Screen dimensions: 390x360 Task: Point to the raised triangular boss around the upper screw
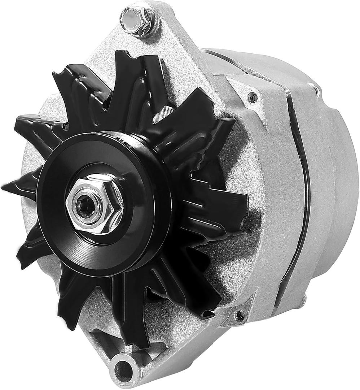(x=249, y=99)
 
